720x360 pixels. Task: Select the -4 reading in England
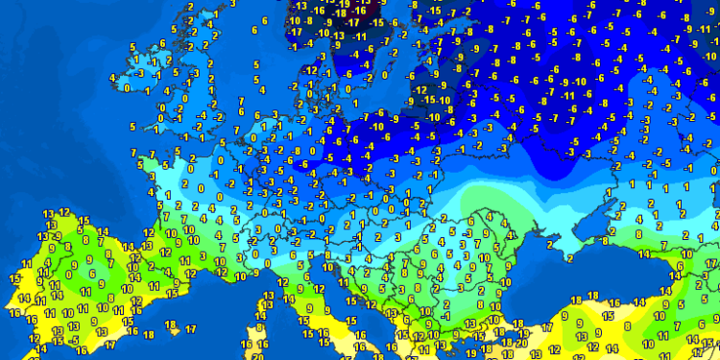(201, 116)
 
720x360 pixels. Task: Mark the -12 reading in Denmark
(310, 71)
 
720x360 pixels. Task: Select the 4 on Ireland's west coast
(113, 78)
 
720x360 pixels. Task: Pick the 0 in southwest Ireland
(128, 88)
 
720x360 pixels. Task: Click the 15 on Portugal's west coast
(13, 278)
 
